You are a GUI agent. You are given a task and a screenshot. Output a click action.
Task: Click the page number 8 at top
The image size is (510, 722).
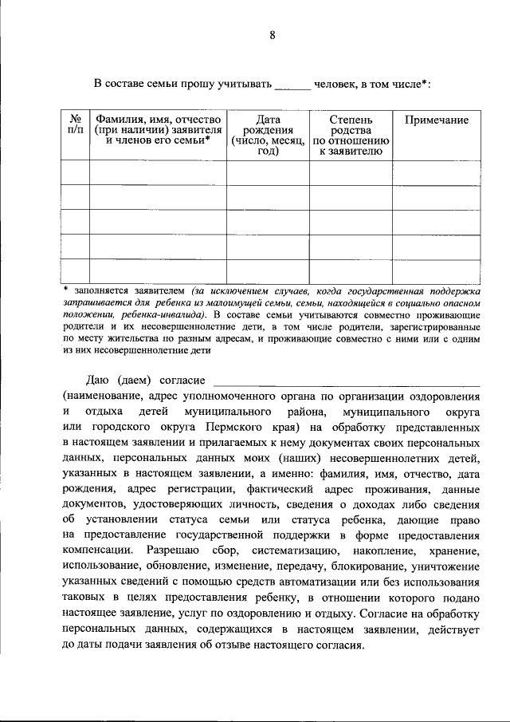[272, 34]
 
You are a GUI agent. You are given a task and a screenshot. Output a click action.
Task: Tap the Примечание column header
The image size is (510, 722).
[436, 120]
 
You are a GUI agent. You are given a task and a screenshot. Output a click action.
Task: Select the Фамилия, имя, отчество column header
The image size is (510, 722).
[158, 129]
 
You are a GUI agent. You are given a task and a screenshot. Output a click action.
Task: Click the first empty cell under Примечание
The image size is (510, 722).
[436, 172]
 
